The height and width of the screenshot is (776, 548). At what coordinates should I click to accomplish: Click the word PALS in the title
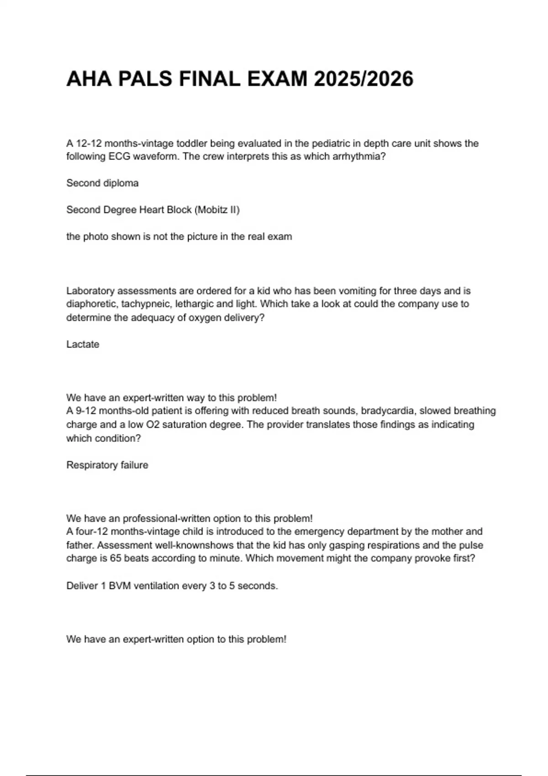pos(145,79)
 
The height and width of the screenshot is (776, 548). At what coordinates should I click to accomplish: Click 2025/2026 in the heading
pos(363,79)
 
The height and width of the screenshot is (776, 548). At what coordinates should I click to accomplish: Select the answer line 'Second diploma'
pos(102,183)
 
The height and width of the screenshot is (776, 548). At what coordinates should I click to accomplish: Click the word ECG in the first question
pos(119,157)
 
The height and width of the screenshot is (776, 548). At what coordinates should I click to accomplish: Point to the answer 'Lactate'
pos(83,344)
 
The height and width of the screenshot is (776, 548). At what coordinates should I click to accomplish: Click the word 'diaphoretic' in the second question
pos(92,304)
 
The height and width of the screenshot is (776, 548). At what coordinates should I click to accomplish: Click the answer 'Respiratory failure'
pos(107,465)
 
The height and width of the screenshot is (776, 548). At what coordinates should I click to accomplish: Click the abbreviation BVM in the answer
pos(118,586)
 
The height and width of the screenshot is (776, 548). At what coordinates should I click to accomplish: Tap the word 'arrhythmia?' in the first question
pos(361,157)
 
